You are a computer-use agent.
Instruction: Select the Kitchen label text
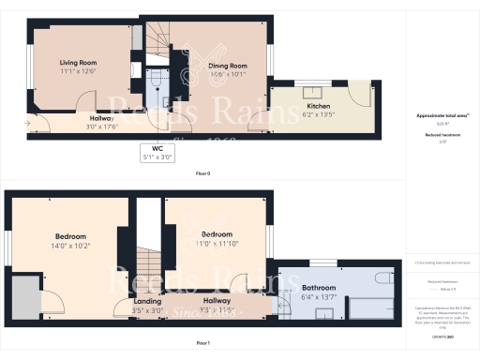click(319, 112)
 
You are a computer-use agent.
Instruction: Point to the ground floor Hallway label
click(100, 122)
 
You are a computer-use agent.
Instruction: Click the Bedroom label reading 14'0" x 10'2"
click(70, 240)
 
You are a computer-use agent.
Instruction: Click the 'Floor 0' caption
click(202, 174)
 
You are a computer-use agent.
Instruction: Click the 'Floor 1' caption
click(202, 344)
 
